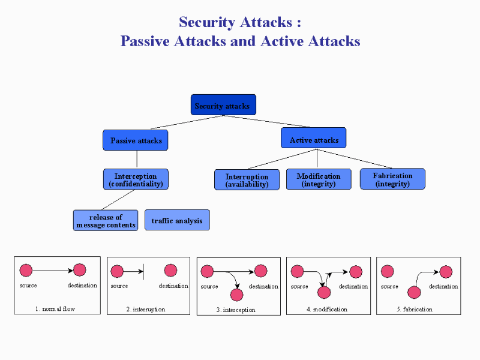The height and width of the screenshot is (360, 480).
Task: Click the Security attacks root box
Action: (x=223, y=105)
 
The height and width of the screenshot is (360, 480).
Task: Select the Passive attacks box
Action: (x=136, y=140)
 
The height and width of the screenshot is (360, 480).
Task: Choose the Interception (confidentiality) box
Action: (x=136, y=179)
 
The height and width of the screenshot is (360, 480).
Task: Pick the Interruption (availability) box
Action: (x=247, y=180)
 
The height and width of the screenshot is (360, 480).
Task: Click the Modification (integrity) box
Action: (x=318, y=179)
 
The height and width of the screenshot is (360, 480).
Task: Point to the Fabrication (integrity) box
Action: (x=392, y=179)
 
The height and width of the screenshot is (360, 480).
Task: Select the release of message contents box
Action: (x=106, y=220)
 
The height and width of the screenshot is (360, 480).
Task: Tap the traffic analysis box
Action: (x=177, y=220)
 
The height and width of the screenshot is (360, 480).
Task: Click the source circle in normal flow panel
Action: (x=26, y=271)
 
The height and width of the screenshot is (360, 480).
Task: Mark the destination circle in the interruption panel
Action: (x=170, y=271)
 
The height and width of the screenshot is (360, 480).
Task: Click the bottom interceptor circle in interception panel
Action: (x=236, y=295)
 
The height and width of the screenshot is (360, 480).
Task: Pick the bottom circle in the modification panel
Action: (x=324, y=292)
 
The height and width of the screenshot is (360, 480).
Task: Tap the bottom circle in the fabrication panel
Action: (x=413, y=292)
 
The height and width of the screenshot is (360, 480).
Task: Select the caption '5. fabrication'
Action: (x=415, y=310)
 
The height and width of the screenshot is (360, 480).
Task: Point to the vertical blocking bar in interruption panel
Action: (x=143, y=272)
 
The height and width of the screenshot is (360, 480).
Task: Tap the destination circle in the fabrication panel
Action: (x=445, y=272)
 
